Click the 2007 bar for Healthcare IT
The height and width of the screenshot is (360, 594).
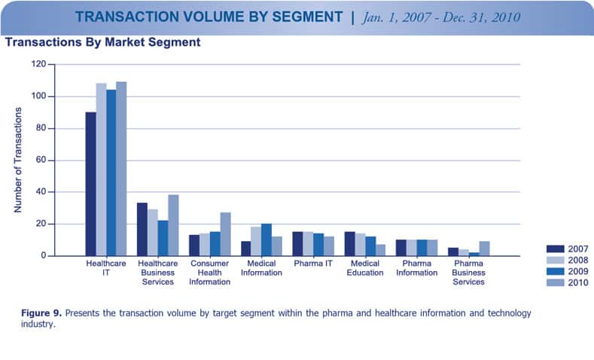click(x=90, y=185)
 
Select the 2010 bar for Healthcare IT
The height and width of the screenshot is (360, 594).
click(x=121, y=169)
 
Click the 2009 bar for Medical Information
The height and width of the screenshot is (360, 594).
click(x=266, y=239)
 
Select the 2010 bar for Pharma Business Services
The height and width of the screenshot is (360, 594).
click(x=483, y=249)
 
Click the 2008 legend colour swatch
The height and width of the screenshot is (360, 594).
click(x=556, y=260)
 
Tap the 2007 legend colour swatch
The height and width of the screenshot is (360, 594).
click(x=556, y=249)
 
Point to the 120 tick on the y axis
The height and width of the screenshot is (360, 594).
click(x=39, y=65)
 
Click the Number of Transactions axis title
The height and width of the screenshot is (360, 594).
click(x=18, y=160)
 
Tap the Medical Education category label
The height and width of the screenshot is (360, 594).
click(x=364, y=267)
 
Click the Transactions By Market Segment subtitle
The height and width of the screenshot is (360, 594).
click(x=102, y=43)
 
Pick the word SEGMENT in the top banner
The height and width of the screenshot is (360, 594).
click(x=295, y=17)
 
